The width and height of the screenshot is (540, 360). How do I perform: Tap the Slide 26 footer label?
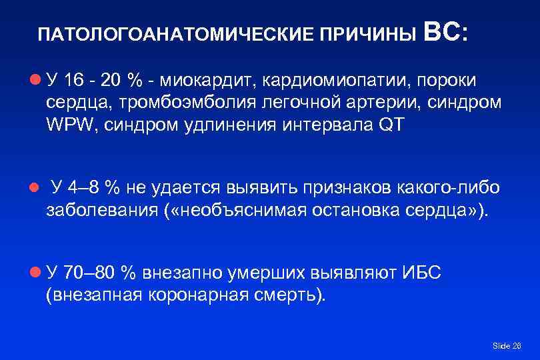pyautogui.click(x=506, y=345)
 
